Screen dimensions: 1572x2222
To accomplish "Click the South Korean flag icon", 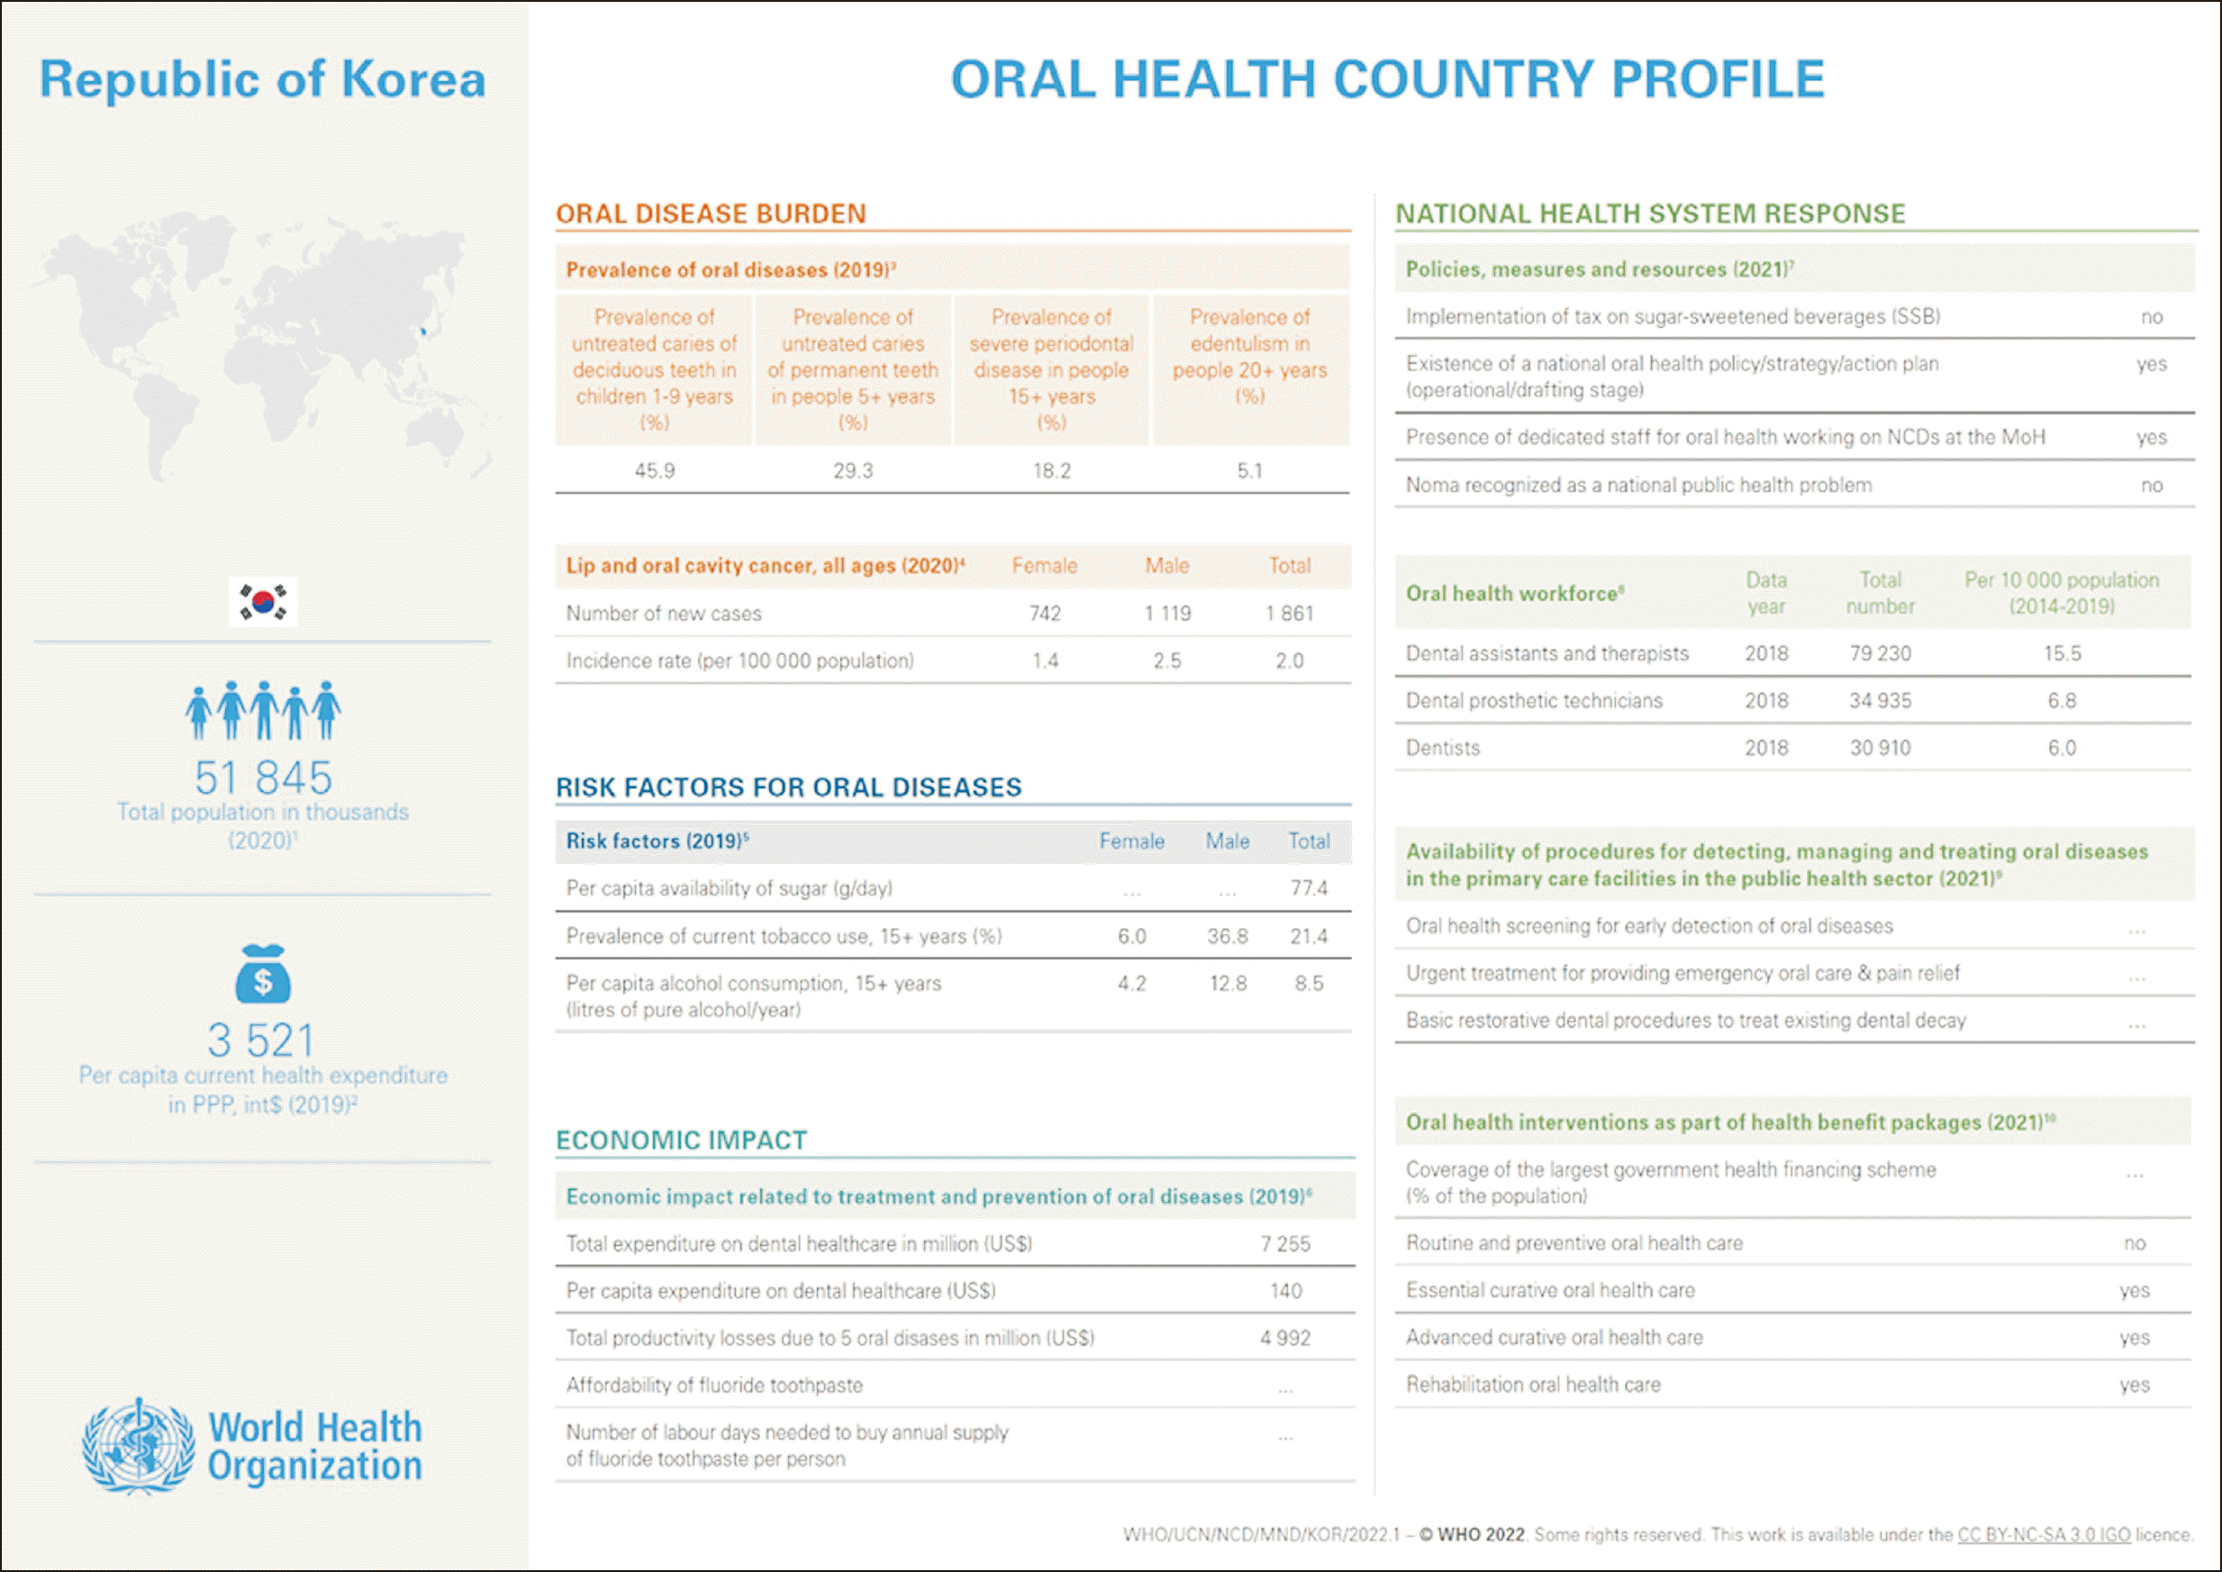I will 263,602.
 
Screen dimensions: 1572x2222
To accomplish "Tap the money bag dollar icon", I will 262,975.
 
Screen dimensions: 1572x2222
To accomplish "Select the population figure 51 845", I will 263,777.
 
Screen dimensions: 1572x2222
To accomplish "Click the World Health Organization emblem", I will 139,1445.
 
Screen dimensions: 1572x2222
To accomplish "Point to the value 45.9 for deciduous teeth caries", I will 654,471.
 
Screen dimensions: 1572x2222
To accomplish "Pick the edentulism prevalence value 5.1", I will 1249,471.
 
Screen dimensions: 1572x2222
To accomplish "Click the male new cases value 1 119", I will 1167,613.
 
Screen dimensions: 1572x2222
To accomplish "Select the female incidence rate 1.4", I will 1045,661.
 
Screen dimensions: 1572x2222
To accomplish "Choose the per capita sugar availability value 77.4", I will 1309,888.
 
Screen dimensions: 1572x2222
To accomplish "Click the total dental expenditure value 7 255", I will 1285,1244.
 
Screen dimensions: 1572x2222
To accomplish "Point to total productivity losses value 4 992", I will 1285,1339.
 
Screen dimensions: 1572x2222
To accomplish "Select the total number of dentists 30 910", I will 1881,749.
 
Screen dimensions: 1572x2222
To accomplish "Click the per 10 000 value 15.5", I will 2063,653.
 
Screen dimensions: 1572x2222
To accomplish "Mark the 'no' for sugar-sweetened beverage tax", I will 2152,317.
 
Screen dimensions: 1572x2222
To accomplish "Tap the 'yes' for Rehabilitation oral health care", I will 2134,1386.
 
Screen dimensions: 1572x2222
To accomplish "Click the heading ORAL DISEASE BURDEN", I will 711,214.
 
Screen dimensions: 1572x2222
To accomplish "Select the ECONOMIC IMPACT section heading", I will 681,1140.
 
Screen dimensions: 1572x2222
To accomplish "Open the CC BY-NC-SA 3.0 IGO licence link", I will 2044,1534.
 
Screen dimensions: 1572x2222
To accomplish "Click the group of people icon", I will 263,710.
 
